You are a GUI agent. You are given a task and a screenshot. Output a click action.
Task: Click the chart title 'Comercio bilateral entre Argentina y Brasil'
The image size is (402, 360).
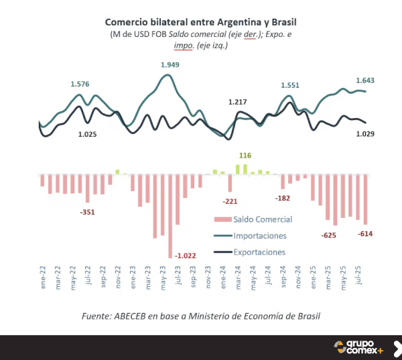coord(200,21)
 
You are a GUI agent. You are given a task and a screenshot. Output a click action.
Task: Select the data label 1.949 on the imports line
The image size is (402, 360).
coord(170,65)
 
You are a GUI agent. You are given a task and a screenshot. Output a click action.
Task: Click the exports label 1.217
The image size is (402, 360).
coord(238,102)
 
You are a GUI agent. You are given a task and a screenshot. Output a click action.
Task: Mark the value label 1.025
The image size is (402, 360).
coord(88,134)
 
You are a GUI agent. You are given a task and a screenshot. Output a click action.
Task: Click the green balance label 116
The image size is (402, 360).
coord(245,156)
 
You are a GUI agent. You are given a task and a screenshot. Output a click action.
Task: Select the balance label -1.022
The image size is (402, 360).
coord(186,255)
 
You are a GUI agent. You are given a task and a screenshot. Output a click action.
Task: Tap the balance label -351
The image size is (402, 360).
coord(87,212)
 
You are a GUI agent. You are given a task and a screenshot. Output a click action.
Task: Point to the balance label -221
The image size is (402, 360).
coord(230,201)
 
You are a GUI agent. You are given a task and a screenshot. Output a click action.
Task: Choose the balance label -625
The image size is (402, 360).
coord(329,235)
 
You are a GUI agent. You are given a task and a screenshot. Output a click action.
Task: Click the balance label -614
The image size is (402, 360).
coord(365,233)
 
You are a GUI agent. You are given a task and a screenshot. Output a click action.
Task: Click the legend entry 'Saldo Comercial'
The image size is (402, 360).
coord(263,219)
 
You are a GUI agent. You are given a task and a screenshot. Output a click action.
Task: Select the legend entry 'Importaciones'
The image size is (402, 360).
coord(260,236)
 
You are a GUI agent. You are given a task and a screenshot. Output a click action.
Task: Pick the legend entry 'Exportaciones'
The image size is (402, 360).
coord(259,253)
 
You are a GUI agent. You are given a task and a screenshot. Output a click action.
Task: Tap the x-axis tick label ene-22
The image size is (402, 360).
coord(42,280)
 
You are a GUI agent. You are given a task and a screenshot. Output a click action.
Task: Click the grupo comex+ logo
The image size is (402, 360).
coord(359,347)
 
